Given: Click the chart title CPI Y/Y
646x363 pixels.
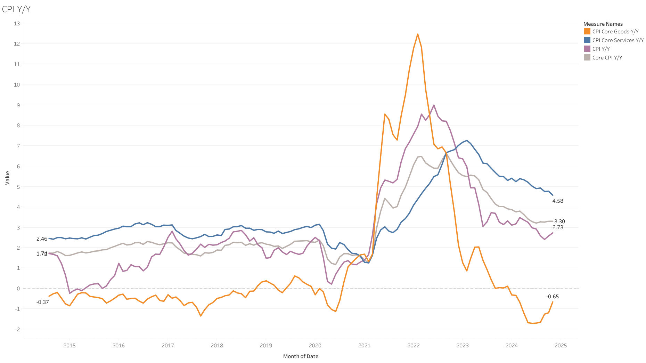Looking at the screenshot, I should click(16, 9).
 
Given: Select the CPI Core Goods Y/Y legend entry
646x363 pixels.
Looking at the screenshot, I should click(615, 32).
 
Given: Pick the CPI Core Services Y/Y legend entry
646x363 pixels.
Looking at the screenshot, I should click(618, 40).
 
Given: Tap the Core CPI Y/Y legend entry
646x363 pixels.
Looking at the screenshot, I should click(607, 58).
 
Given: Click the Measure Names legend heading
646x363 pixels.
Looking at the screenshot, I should click(603, 24).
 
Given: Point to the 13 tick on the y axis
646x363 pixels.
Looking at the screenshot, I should click(17, 24).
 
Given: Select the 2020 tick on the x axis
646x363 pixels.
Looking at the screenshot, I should click(315, 346).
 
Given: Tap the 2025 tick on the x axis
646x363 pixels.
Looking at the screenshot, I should click(561, 346).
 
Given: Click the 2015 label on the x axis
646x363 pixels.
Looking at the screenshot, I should click(69, 346).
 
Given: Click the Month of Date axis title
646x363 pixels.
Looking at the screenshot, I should click(301, 356).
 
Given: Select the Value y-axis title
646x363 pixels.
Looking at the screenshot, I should click(7, 178).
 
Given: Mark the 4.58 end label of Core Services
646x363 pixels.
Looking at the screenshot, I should click(558, 201).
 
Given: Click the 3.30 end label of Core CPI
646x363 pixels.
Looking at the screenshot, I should click(559, 221).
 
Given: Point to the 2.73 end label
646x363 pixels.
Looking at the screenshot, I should click(558, 227).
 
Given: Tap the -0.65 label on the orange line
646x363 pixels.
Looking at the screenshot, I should click(553, 297).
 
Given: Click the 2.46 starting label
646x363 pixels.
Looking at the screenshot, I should click(42, 239).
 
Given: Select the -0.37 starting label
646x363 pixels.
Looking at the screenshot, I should click(43, 302).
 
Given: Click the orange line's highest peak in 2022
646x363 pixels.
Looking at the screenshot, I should click(417, 34).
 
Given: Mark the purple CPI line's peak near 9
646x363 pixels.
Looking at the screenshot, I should click(434, 105).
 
